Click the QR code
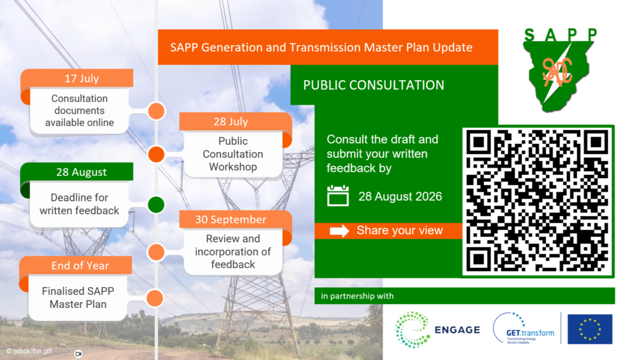point(537,201)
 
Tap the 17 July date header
point(82,78)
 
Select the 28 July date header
point(231,121)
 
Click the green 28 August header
point(82,172)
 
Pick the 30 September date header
point(231,220)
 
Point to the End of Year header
point(80,265)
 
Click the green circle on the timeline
point(156,204)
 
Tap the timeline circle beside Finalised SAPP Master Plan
point(155,298)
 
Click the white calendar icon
point(338,196)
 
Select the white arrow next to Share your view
point(340,231)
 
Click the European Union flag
point(590,329)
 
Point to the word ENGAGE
point(457,330)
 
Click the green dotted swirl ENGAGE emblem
point(412,329)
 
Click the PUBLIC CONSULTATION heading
point(374,85)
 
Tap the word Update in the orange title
point(452,47)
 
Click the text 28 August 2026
point(400,196)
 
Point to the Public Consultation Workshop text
point(233,154)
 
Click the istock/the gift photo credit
point(29,351)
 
